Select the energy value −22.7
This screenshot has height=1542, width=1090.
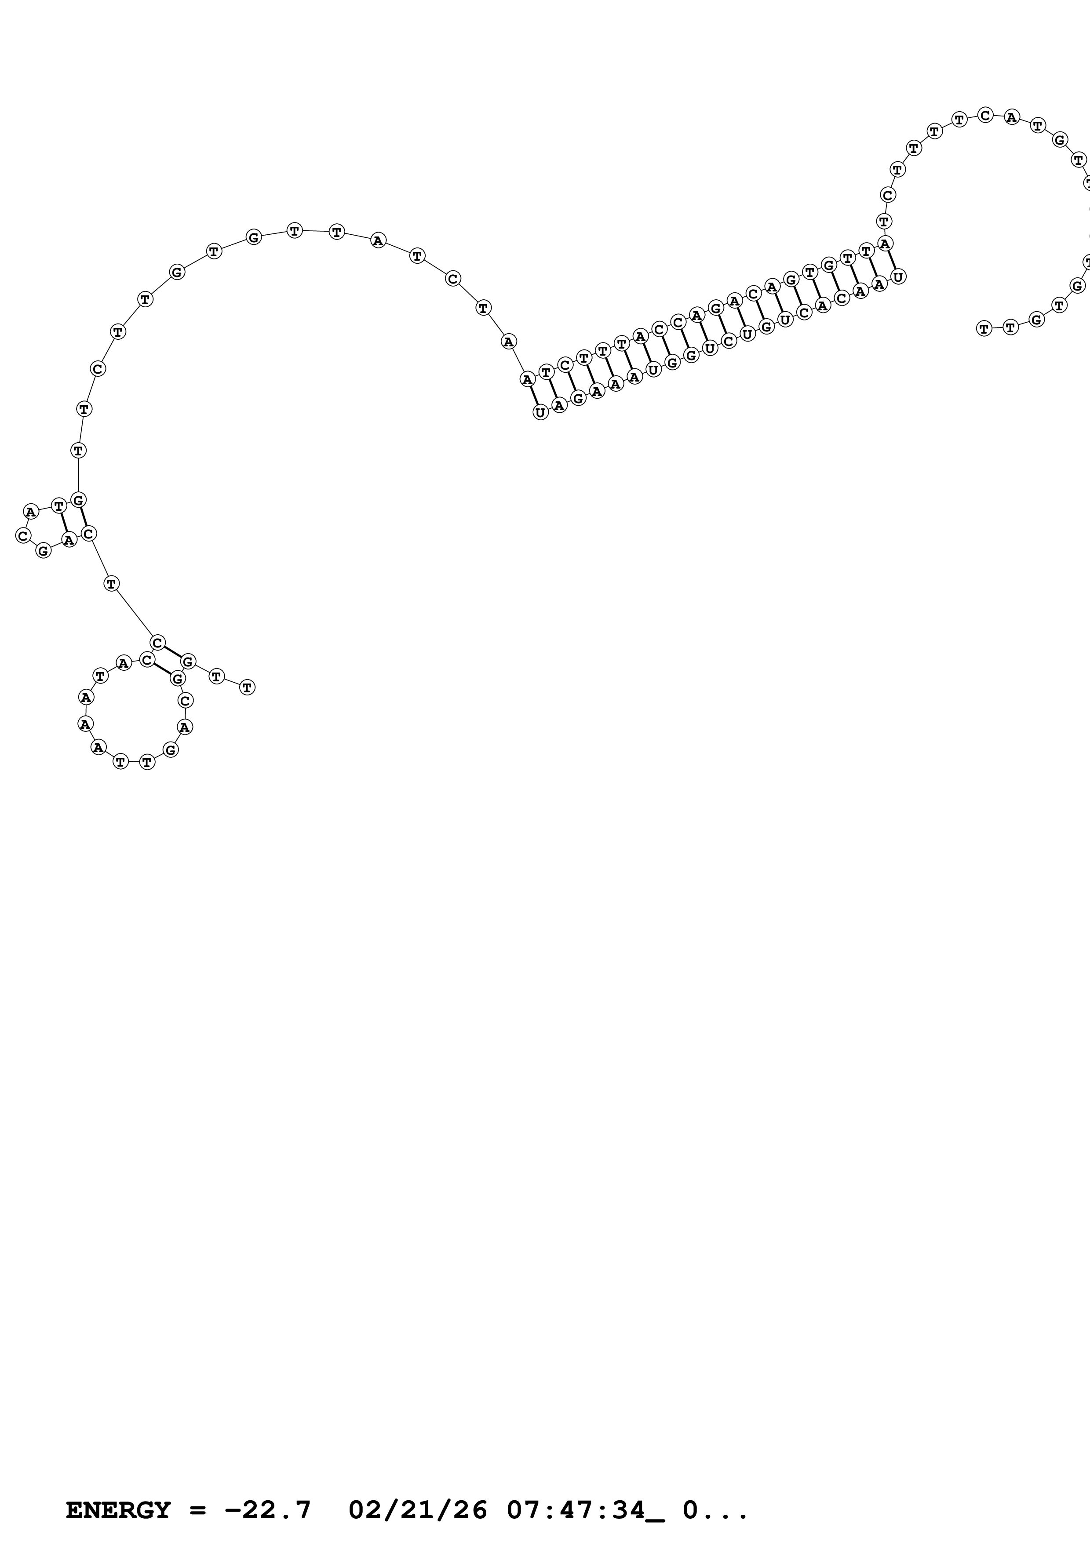[x=268, y=1510]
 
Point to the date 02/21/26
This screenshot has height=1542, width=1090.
[x=418, y=1510]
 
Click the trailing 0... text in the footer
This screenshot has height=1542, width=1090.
[x=715, y=1510]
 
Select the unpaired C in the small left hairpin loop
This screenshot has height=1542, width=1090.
[x=23, y=536]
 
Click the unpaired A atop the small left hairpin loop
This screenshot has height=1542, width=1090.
[x=30, y=512]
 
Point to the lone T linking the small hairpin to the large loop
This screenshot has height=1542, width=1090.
[x=112, y=584]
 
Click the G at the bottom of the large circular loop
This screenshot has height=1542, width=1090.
[x=171, y=749]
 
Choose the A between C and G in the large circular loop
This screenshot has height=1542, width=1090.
[x=185, y=727]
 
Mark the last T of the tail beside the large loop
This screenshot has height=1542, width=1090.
[x=247, y=687]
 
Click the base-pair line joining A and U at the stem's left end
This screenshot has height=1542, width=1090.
[x=534, y=396]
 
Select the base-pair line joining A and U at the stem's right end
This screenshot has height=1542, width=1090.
[x=892, y=260]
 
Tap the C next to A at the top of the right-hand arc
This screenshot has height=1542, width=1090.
[x=984, y=115]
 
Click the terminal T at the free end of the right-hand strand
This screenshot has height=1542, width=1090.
[x=984, y=328]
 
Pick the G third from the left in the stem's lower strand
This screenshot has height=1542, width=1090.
[x=578, y=398]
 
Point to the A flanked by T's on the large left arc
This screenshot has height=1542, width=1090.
[x=378, y=240]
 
